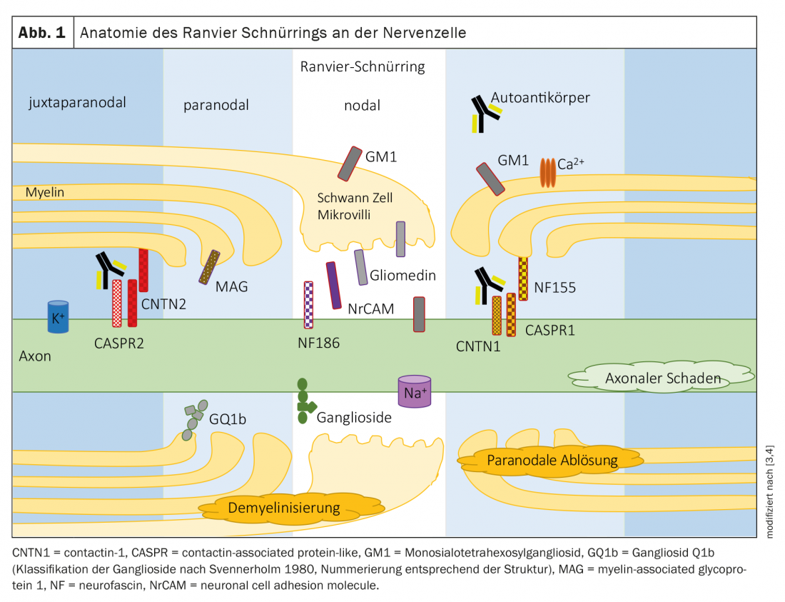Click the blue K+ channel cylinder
[58, 317]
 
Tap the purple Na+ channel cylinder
[415, 391]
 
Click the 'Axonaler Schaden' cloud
[662, 377]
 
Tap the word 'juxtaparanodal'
[78, 102]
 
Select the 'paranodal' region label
[216, 106]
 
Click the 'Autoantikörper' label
[540, 97]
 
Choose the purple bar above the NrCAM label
[333, 285]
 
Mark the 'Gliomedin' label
[402, 275]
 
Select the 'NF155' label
[555, 289]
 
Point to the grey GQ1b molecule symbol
[193, 418]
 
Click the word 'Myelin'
[45, 192]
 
